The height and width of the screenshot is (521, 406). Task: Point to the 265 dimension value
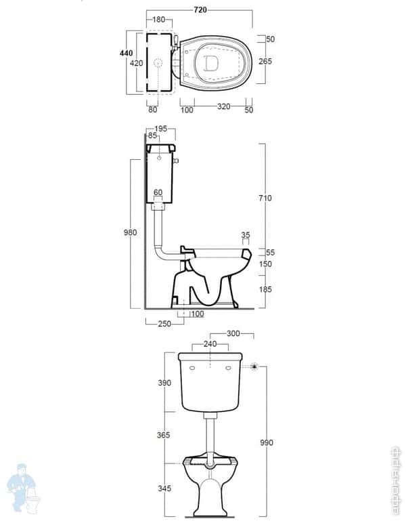[265, 61]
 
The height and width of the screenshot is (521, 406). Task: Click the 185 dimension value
[265, 289]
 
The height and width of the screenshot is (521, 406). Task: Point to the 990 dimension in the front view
[266, 442]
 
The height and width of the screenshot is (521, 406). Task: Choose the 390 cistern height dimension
[165, 383]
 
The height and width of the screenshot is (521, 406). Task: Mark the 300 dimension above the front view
[233, 334]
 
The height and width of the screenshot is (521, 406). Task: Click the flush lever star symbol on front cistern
[254, 367]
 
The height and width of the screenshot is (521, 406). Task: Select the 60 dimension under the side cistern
[158, 192]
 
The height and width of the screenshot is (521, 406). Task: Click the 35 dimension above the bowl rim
[246, 236]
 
